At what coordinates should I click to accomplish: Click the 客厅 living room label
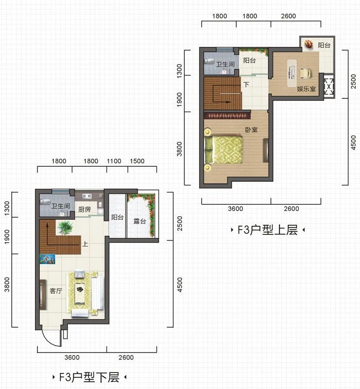(56, 290)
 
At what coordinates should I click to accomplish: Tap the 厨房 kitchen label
(85, 209)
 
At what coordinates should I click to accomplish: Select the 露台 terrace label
(140, 221)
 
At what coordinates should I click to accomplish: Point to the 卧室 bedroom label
(251, 129)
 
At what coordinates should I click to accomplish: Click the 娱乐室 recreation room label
(307, 89)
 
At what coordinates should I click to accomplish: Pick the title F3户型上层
(268, 230)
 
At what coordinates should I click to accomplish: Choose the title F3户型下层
(89, 377)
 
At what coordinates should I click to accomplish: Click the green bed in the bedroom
(223, 149)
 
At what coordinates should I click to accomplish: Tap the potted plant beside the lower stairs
(65, 227)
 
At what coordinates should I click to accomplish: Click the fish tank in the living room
(47, 259)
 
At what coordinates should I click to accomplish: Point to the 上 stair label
(86, 244)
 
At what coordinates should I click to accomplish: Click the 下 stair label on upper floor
(246, 85)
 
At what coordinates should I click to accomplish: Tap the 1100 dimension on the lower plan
(114, 161)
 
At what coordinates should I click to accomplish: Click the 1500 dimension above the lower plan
(137, 161)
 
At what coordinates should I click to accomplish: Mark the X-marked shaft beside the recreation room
(329, 87)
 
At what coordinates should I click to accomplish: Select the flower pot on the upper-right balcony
(309, 44)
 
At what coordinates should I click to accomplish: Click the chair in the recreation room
(306, 73)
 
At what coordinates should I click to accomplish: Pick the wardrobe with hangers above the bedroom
(227, 115)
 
